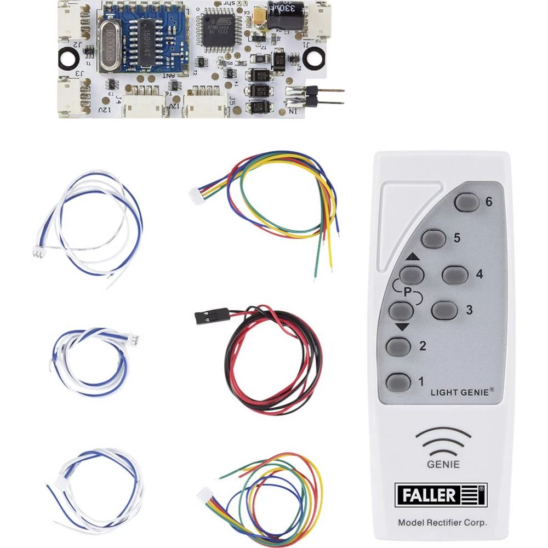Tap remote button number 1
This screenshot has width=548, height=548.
pos(398,381)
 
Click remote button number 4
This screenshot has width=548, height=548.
pos(455,274)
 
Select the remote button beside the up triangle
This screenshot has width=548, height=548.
pos(412,273)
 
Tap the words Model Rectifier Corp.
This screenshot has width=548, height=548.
pos(442,523)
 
